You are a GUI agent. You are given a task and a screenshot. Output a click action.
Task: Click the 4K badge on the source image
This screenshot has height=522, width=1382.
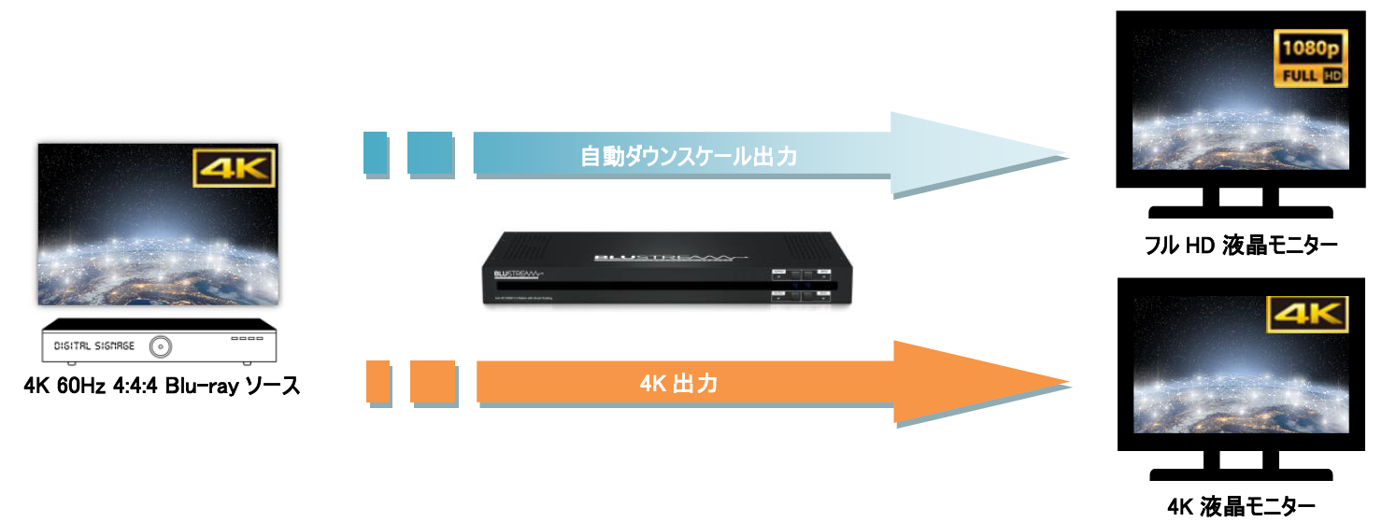[234, 170]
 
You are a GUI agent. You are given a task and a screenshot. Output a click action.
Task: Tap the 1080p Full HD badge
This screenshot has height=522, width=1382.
[1311, 58]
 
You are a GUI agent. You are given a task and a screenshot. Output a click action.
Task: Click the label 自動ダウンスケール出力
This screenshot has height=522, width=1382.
[689, 156]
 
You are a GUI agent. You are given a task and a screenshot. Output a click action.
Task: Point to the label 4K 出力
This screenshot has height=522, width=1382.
[679, 383]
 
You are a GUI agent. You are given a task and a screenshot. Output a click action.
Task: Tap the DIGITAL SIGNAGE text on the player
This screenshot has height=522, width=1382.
[94, 346]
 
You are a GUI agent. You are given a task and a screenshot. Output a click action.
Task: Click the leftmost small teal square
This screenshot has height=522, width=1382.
[375, 153]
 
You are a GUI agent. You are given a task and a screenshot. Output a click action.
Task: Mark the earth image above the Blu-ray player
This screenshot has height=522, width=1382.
[157, 224]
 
